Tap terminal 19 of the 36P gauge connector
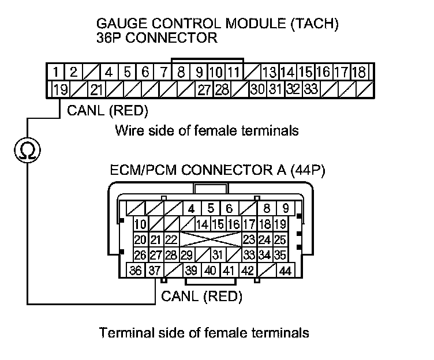tap(59, 89)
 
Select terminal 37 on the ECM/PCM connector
tap(154, 271)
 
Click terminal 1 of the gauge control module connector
tap(55, 73)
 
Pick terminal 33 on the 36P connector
tap(311, 89)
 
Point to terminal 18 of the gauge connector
tap(359, 73)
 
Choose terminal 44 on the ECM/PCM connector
tap(285, 271)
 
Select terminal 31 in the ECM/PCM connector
tap(217, 254)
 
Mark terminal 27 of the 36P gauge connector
tap(204, 89)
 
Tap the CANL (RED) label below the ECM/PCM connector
tap(201, 297)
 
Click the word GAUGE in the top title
tap(119, 25)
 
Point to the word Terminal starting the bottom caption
tap(122, 333)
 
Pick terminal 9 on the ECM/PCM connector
tap(285, 208)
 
